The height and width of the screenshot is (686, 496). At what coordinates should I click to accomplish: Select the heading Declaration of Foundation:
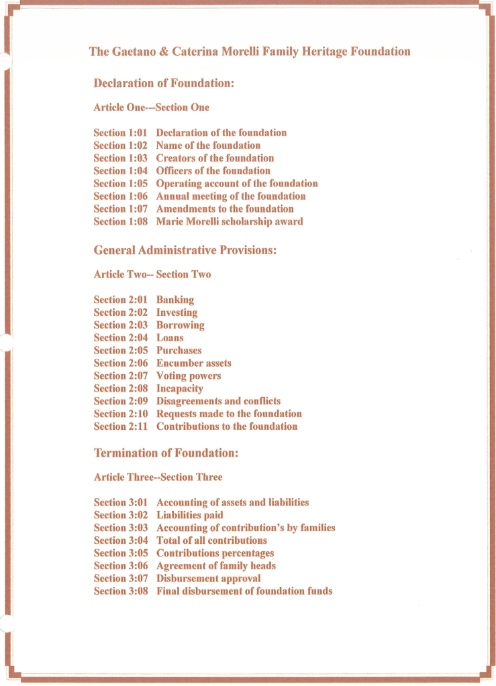tap(163, 84)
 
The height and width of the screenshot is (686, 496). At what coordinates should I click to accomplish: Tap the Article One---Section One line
tap(151, 107)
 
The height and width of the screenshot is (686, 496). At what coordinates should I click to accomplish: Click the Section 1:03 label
tap(120, 158)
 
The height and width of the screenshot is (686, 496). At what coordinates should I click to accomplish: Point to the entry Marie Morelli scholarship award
tap(230, 221)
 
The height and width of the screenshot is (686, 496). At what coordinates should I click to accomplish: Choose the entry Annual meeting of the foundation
tap(231, 196)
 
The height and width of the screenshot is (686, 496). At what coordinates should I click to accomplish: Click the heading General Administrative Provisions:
tap(185, 250)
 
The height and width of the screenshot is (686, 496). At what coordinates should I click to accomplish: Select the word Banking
tap(175, 300)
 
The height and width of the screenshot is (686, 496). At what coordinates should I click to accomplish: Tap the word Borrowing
tap(181, 325)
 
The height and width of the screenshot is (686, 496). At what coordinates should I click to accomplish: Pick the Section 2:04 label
tap(120, 338)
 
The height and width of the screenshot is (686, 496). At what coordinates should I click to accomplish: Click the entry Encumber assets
tap(194, 363)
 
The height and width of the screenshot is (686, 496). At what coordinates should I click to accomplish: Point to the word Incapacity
tap(180, 389)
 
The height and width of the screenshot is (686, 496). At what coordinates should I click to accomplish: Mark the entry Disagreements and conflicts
tap(219, 401)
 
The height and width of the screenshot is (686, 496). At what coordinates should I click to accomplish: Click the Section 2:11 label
tap(120, 426)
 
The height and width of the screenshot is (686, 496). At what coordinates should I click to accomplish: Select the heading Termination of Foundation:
tap(166, 453)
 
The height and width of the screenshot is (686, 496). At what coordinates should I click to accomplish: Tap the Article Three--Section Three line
tap(158, 477)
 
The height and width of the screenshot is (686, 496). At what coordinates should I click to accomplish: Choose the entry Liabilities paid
tap(190, 516)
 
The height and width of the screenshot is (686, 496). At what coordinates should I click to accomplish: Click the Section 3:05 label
tap(120, 553)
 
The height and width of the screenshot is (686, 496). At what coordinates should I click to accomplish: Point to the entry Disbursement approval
tap(209, 579)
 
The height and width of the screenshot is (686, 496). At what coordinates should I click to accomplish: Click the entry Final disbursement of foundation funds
tap(244, 591)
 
